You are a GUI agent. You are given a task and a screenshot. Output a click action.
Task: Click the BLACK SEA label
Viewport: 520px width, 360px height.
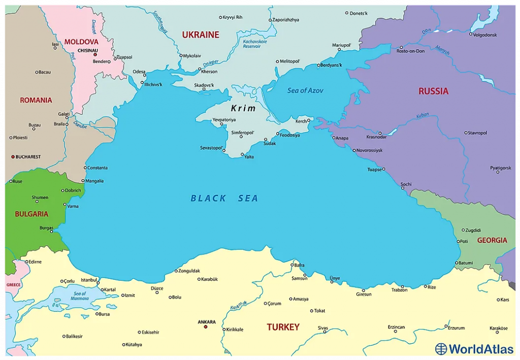[x=224, y=199]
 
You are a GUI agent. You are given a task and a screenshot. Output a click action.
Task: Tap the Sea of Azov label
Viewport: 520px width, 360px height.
[x=305, y=90]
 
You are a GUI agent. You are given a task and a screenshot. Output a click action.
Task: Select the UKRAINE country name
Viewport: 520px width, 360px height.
[x=201, y=35]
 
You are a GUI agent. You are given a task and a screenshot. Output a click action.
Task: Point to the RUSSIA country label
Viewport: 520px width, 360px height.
[x=433, y=91]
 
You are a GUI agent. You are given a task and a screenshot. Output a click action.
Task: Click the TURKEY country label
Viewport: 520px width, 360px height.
[x=283, y=328]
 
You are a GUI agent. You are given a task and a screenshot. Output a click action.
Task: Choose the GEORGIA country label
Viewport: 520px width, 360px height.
[x=492, y=240]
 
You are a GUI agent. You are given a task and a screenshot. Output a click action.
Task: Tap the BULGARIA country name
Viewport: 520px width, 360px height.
[x=31, y=214]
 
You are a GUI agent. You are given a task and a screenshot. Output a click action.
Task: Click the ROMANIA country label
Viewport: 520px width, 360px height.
[x=36, y=100]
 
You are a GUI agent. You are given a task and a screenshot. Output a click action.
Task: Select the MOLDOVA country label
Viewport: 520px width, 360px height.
[x=81, y=42]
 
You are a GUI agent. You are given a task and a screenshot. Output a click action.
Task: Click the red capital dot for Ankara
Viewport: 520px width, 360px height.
[x=206, y=326]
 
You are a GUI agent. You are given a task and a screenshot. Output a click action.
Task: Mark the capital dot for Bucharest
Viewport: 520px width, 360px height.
[x=13, y=157]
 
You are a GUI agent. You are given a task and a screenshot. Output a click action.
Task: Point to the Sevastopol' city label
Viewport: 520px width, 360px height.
[x=211, y=148]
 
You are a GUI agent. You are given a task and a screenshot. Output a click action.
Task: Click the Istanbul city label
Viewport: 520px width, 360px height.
[x=89, y=280]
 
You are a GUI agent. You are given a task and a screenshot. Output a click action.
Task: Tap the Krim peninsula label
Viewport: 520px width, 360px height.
[x=243, y=108]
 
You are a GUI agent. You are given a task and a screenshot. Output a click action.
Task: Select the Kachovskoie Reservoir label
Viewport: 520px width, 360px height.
[x=251, y=44]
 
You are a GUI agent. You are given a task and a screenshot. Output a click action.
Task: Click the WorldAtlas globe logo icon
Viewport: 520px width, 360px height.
[x=441, y=349]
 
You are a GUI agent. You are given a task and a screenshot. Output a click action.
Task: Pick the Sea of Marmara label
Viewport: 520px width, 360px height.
[x=80, y=296]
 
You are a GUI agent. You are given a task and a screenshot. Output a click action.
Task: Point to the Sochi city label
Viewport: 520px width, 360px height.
[x=406, y=184]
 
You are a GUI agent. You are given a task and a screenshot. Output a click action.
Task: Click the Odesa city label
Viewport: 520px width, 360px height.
[x=139, y=72]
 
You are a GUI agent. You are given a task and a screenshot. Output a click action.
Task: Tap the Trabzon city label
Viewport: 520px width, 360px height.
[x=399, y=290]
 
